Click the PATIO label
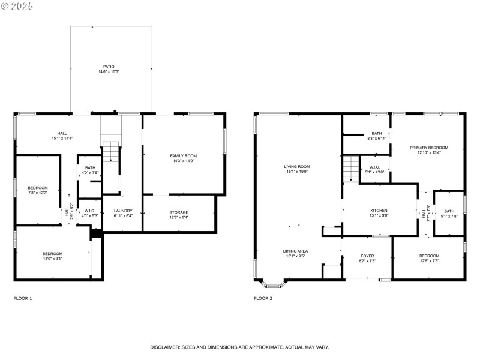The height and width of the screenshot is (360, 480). click(109, 67)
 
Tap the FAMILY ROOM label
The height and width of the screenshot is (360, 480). click(183, 155)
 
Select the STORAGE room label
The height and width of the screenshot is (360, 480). click(178, 212)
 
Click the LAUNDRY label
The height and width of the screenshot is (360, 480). click(122, 211)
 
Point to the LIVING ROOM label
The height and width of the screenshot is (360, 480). click(297, 166)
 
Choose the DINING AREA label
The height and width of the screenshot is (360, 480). click(296, 251)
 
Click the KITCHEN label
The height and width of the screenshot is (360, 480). click(379, 211)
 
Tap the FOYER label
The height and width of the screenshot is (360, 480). click(367, 256)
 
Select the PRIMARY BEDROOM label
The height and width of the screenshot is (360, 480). click(429, 147)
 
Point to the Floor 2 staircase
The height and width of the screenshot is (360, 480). click(350, 169)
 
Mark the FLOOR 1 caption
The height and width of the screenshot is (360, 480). click(23, 298)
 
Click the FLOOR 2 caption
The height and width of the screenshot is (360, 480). click(263, 298)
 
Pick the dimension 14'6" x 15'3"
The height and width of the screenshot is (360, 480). click(109, 72)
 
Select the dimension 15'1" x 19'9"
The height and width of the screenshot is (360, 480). click(297, 172)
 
